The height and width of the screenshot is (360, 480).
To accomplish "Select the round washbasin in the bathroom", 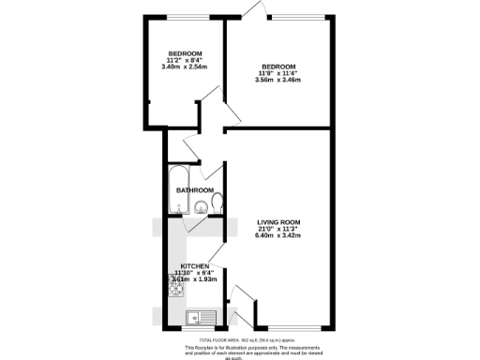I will tap(199, 210).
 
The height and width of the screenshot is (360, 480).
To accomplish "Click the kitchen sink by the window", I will tap(200, 316).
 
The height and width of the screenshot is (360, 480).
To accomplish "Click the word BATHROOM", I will tap(195, 190).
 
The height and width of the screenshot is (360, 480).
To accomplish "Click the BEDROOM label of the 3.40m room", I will tap(186, 52).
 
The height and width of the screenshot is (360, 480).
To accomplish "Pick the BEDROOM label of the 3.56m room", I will tap(278, 67).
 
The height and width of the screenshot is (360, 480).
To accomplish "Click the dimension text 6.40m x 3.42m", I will tap(277, 235).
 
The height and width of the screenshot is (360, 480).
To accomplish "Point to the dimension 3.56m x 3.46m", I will tap(277, 80).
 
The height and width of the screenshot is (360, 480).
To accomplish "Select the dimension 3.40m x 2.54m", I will tap(185, 67).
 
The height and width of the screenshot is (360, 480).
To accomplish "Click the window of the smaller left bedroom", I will tap(185, 16).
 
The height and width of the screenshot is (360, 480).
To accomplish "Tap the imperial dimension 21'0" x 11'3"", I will tap(277, 229).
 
